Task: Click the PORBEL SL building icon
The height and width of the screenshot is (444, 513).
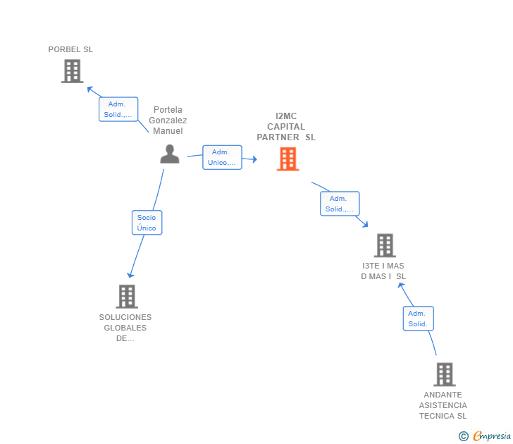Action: (x=73, y=71)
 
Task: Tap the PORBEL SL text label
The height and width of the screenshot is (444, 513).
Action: (x=70, y=49)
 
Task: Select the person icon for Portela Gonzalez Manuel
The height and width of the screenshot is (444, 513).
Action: (x=170, y=154)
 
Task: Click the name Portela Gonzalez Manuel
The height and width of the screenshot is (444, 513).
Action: (x=168, y=120)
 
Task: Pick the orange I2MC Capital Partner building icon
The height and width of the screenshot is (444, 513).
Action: (x=288, y=159)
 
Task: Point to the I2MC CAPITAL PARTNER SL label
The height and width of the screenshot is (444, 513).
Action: (x=286, y=127)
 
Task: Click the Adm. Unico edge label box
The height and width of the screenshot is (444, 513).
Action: (x=222, y=157)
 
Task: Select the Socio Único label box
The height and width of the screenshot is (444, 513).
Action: (x=147, y=223)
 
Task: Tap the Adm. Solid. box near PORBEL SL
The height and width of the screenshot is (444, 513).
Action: (x=118, y=109)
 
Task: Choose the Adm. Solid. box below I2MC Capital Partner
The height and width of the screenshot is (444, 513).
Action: (x=340, y=204)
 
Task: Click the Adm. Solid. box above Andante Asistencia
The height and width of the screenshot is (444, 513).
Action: (x=418, y=319)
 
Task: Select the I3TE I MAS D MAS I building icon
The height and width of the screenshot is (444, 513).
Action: (x=385, y=245)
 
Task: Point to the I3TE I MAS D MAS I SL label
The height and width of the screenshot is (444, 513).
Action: (x=383, y=271)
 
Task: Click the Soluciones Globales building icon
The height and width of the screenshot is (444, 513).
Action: (x=127, y=297)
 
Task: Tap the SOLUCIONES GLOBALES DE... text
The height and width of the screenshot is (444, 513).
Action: (x=125, y=328)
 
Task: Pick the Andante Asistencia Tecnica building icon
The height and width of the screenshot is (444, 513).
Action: (x=445, y=374)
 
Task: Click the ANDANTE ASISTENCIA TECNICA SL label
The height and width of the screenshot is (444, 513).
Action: (x=443, y=405)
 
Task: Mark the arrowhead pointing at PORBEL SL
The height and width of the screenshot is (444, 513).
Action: (x=90, y=89)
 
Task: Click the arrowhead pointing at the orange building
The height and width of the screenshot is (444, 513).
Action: (x=254, y=159)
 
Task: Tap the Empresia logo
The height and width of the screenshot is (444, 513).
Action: (x=485, y=436)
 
